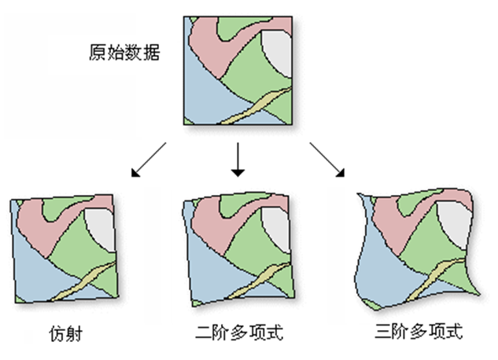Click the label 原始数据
point(125,54)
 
